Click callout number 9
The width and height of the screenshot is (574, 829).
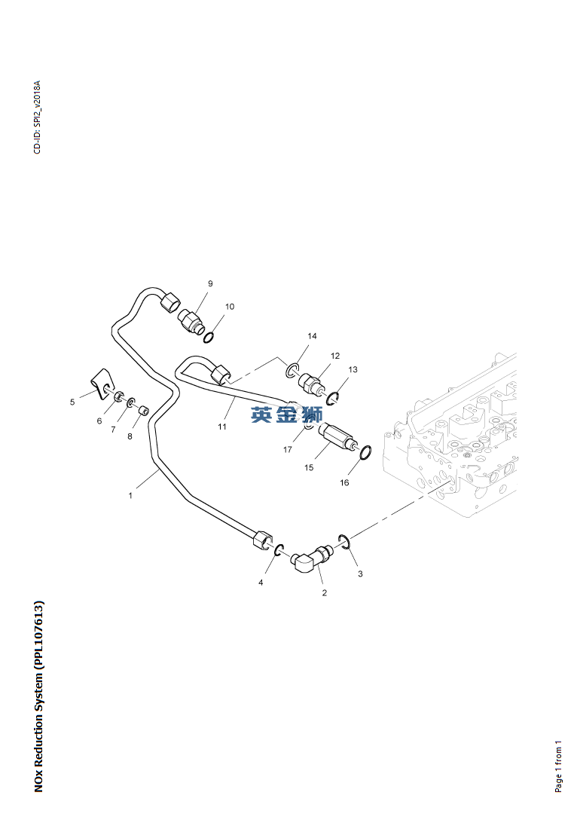210,283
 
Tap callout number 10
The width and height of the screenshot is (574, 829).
230,307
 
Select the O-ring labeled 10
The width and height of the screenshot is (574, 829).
209,337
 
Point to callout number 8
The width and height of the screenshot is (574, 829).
130,436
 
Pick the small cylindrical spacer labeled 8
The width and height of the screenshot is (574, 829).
142,411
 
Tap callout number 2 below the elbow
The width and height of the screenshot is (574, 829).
325,593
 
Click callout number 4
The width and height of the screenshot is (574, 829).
261,583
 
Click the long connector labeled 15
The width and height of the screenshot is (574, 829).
337,439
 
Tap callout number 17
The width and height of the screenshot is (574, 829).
288,450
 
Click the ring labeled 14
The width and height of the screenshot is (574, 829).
292,371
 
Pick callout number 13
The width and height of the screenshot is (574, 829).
353,369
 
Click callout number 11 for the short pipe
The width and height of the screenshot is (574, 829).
222,427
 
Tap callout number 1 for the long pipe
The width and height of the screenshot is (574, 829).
130,496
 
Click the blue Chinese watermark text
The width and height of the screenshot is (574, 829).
286,414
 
